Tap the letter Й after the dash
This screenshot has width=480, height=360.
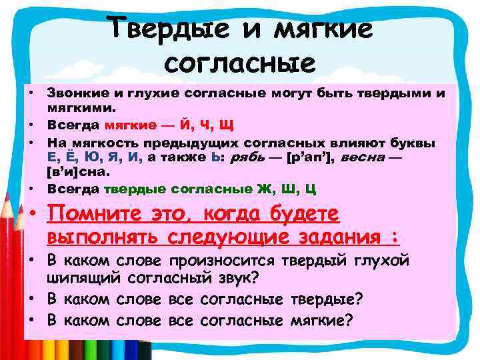[x=181, y=125]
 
